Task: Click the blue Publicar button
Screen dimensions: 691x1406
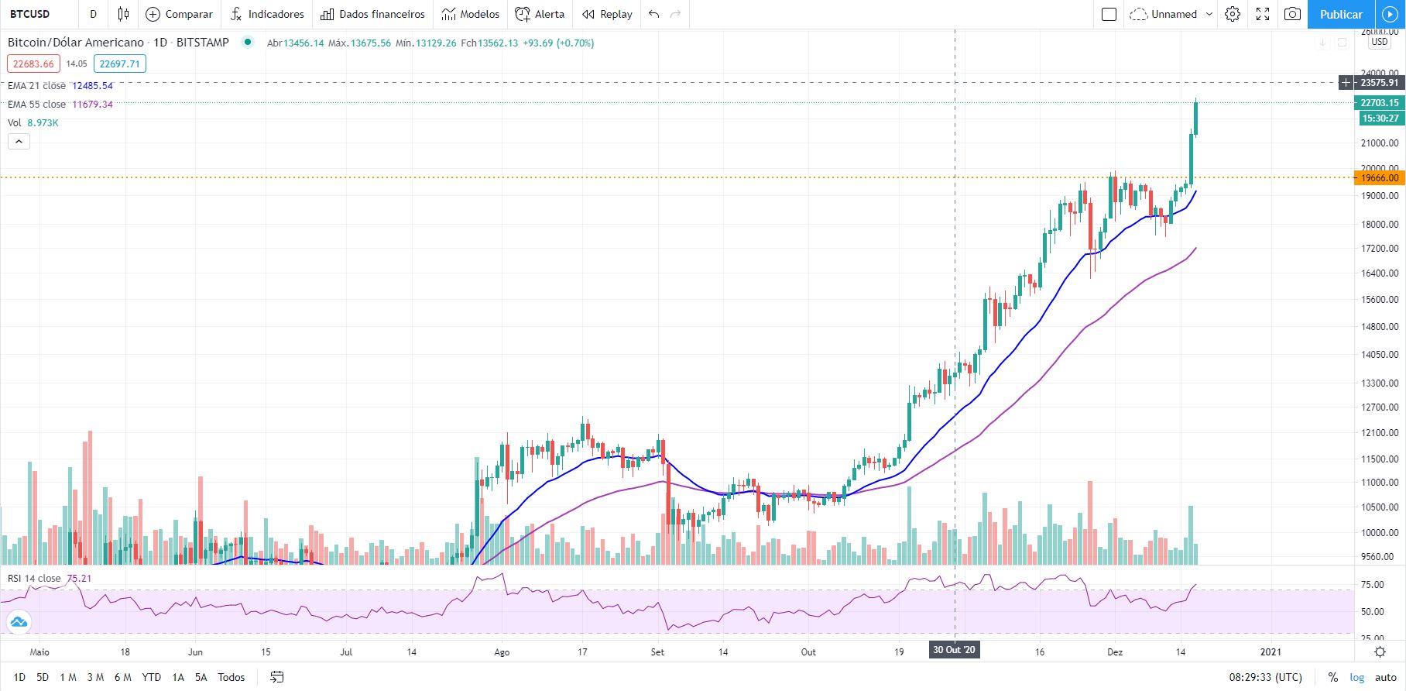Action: [1340, 14]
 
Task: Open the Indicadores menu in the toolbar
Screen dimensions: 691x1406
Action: [268, 14]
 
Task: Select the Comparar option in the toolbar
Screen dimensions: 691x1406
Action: [180, 14]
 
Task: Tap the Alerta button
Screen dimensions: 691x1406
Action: [540, 14]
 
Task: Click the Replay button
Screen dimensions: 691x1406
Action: [608, 14]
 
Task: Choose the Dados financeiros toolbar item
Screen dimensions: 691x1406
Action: [373, 14]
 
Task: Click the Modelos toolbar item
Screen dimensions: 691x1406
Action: [471, 14]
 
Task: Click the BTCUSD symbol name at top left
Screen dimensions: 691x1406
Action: [29, 14]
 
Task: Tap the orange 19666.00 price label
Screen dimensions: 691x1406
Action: [1380, 178]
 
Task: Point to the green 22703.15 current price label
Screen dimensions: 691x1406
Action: [1380, 102]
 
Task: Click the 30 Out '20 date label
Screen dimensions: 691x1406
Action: [954, 650]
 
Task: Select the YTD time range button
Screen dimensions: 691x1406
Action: [151, 677]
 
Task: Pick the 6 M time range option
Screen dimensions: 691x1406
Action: [122, 677]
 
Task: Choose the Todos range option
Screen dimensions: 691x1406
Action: [231, 677]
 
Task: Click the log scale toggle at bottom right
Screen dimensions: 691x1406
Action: [1357, 677]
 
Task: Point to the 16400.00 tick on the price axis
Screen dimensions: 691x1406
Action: [1380, 273]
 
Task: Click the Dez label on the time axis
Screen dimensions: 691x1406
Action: [1115, 652]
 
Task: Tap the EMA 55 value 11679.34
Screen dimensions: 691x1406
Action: [92, 104]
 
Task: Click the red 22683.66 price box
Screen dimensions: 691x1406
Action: [33, 64]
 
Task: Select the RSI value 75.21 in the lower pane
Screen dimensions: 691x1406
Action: [79, 578]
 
